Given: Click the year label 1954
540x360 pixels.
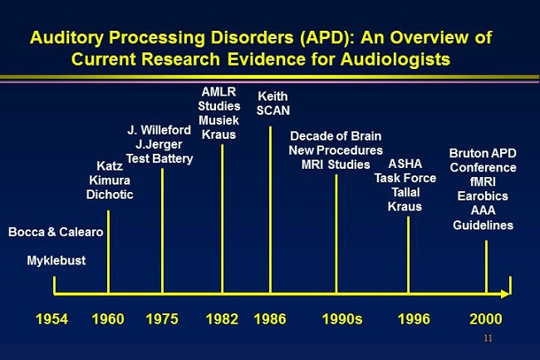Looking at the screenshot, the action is pos(52,319).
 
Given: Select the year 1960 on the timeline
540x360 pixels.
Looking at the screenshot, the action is pos(108,319).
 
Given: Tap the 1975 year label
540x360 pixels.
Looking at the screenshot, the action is pos(162,319).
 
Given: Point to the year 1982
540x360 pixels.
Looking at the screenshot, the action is pos(222,319).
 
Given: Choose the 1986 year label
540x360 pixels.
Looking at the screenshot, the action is pos(270,319).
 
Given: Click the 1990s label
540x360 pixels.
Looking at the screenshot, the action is pos(342,319).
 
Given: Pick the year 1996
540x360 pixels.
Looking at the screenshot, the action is pos(414,319).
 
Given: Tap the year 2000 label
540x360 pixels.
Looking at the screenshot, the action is pos(486,319).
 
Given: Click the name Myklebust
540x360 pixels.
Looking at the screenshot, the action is pos(56,261).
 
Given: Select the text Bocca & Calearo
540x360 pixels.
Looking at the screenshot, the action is pos(56,232).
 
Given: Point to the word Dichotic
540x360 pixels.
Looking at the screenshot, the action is pos(110,195).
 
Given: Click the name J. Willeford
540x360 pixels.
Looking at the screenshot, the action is pos(159,130).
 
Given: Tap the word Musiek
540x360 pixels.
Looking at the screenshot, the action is pos(218,121).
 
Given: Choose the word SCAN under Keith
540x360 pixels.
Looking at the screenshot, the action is pos(273,111).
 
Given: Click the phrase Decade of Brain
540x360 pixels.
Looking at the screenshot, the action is pos(336,136).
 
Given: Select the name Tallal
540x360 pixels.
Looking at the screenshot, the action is pos(405,192).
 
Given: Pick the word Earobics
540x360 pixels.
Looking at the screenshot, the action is pos(483,196).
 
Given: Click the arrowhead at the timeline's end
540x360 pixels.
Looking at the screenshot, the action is pos(505,293).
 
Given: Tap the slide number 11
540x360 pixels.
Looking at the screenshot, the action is pos(488,338).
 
